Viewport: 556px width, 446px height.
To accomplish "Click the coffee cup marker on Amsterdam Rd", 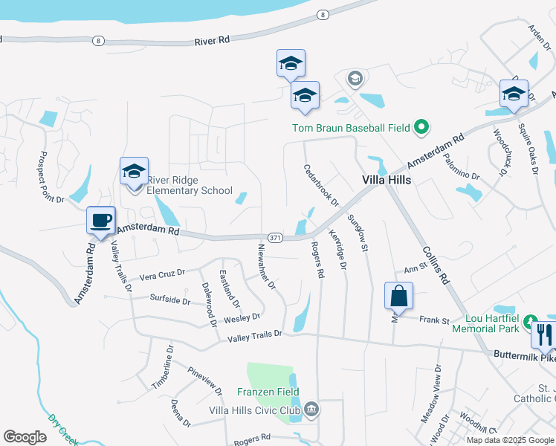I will point(100,220).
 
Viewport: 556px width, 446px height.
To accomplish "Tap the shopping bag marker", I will point(398,295).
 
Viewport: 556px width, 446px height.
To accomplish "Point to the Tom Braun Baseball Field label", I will point(351,128).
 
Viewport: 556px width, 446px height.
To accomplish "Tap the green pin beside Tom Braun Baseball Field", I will point(421,128).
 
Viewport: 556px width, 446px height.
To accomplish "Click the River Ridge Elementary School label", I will point(190,185).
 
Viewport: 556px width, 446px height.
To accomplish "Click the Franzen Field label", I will point(262,392).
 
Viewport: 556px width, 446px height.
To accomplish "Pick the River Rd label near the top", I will point(212,42).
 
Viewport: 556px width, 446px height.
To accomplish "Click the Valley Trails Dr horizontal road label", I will point(255,335).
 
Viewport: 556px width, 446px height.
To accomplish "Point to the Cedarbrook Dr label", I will point(321,186).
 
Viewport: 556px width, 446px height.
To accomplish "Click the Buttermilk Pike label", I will point(524,356).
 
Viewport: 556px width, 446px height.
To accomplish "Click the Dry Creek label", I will point(63,430).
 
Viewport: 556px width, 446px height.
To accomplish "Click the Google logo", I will point(25,436).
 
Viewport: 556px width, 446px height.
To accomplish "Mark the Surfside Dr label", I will point(170,300).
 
